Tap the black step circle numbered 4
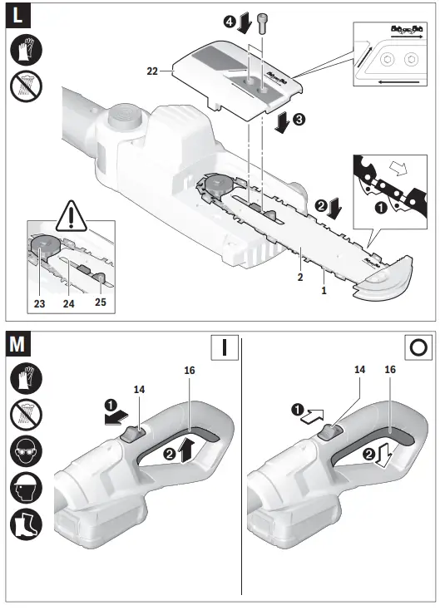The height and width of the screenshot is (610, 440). point(229,22)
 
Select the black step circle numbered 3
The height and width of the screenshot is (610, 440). point(299,119)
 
